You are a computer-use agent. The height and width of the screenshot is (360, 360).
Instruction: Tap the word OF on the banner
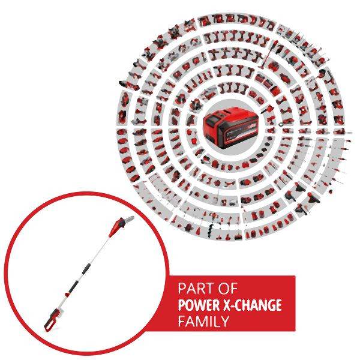click(x=228, y=289)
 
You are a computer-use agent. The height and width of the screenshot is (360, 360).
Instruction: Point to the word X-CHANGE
click(x=253, y=305)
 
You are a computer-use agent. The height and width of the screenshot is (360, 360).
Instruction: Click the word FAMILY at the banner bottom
click(x=203, y=321)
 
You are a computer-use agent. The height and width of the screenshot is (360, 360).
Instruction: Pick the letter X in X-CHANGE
click(x=227, y=305)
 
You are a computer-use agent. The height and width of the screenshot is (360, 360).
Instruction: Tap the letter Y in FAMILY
click(x=224, y=321)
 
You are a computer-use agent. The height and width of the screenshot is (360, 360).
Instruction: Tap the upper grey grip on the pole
click(x=86, y=269)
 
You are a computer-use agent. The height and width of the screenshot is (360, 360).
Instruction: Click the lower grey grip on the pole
click(x=73, y=287)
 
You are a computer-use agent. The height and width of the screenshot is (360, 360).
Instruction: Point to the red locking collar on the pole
click(x=67, y=295)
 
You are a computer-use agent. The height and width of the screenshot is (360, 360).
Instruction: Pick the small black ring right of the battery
click(x=281, y=124)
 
